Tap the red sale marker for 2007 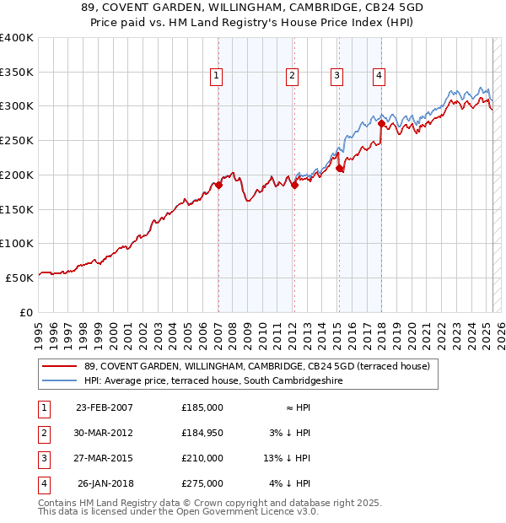click(x=218, y=185)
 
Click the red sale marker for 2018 click(x=381, y=124)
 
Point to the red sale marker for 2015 click(x=339, y=168)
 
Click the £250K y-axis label click(x=17, y=140)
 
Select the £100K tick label click(x=17, y=243)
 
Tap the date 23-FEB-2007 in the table click(x=105, y=407)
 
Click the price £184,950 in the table click(x=202, y=433)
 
